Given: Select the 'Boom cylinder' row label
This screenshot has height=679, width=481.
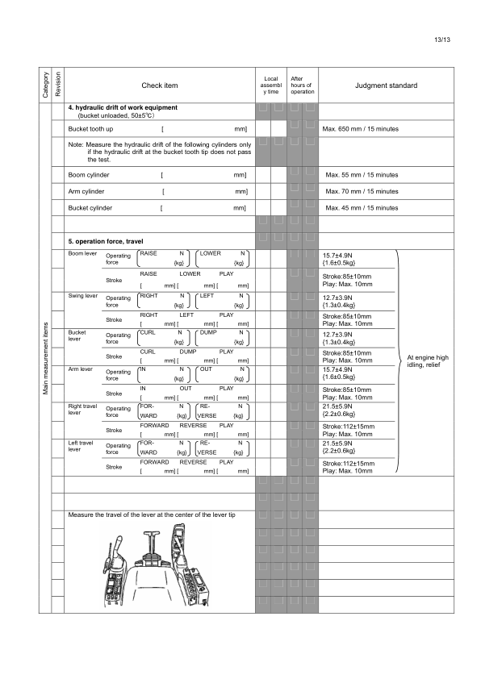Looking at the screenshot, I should [89, 174].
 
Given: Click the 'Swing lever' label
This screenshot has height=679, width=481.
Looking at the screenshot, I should [83, 296].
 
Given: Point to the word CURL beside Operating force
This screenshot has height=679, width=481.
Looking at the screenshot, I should [148, 332].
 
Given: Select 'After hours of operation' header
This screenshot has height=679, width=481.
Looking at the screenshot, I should [302, 85].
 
